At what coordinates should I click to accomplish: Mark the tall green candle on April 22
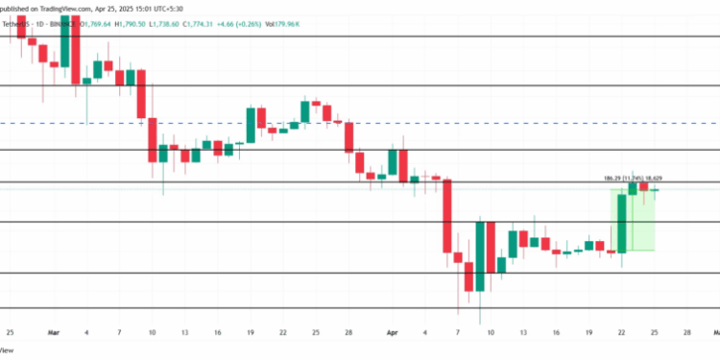(x=622, y=223)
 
